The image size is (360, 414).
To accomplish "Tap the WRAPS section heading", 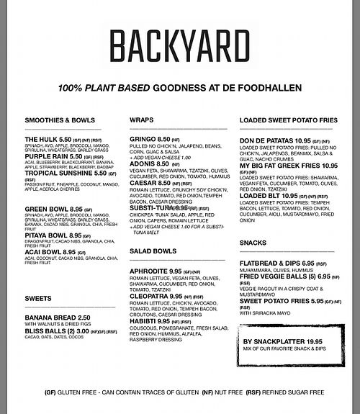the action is pyautogui.click(x=142, y=120).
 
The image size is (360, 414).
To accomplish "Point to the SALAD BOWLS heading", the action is pyautogui.click(x=153, y=251).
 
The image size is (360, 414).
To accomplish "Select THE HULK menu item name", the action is pyautogui.click(x=42, y=138).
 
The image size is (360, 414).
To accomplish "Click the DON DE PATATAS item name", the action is pyautogui.click(x=269, y=138).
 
